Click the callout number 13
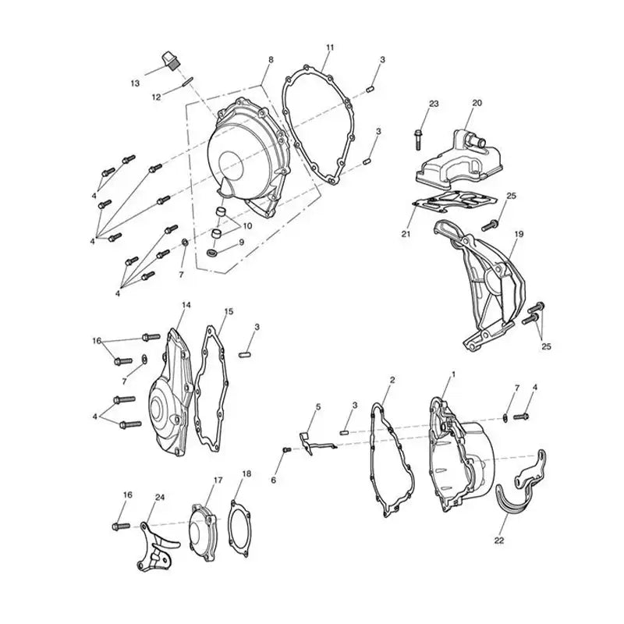tap(135, 83)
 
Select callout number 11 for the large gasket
tap(330, 48)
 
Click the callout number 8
tap(271, 60)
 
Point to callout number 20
tap(477, 103)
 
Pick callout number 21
tap(405, 234)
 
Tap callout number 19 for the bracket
tap(518, 234)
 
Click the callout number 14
tap(186, 305)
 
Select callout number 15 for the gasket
tap(229, 311)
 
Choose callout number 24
tap(160, 497)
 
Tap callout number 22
tap(498, 538)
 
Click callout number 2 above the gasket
tap(392, 380)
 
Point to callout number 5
tap(318, 406)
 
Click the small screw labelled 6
tap(286, 450)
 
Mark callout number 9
tap(241, 243)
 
